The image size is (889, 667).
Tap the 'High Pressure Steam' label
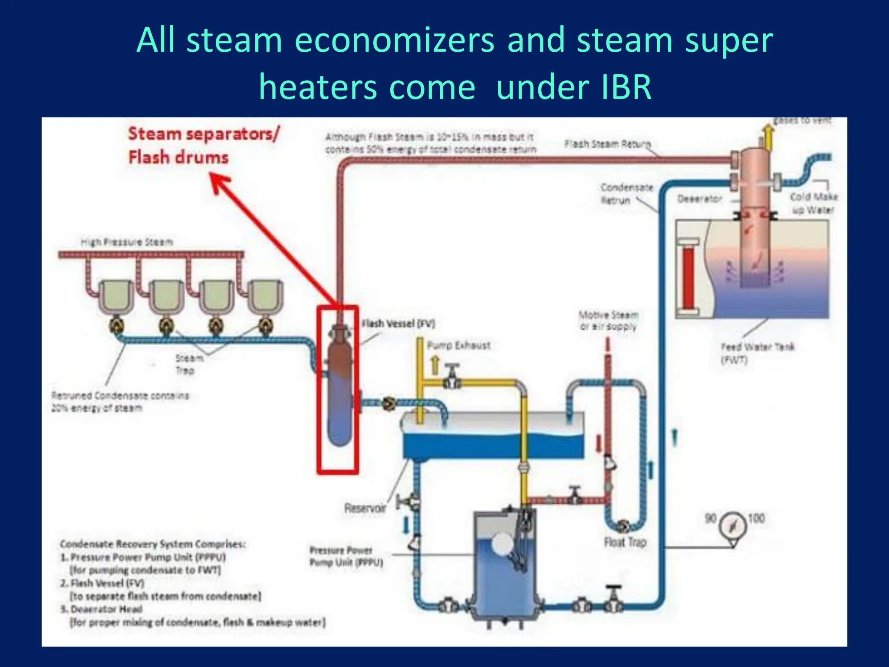pos(127,242)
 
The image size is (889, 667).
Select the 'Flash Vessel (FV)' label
pos(398,324)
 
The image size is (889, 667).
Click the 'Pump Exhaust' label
pos(458,346)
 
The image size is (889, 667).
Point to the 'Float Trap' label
pos(625,542)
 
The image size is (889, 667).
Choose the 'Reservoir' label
pos(365,508)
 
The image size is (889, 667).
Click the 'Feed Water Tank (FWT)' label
pos(757,353)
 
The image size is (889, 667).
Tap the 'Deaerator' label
pos(699,199)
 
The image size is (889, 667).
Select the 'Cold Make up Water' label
pos(813,203)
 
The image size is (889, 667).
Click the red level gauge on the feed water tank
pos(688,278)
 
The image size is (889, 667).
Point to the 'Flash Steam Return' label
pos(608,144)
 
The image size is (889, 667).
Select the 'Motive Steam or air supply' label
pos(608,320)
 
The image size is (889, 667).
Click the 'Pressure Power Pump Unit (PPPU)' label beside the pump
pos(346,556)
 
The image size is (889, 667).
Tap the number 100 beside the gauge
pos(756,518)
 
